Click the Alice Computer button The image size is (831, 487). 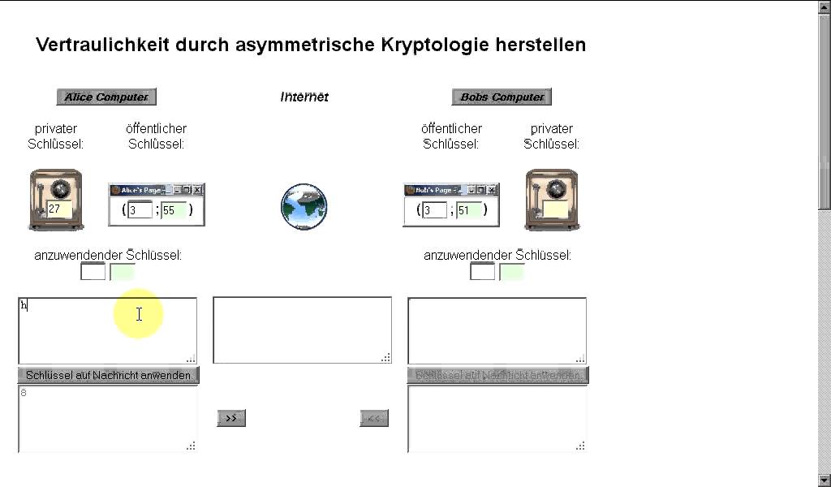[x=106, y=97]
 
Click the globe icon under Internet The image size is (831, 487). [x=304, y=205]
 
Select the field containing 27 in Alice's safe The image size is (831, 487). [x=58, y=209]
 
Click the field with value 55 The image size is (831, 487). [x=173, y=210]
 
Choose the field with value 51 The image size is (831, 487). [x=468, y=210]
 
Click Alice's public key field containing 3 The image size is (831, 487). [x=140, y=210]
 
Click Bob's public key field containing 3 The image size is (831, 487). [x=434, y=210]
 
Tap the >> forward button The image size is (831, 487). [x=231, y=418]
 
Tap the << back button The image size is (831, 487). [x=374, y=418]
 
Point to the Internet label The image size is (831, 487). [x=304, y=97]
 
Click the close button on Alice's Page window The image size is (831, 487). [x=198, y=190]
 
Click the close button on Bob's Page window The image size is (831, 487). [x=493, y=190]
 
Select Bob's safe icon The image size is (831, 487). [x=552, y=200]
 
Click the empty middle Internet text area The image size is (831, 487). [x=302, y=330]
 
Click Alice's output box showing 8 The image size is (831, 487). [x=107, y=418]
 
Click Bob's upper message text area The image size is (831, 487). [x=497, y=330]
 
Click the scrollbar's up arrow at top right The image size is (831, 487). [x=825, y=6]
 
